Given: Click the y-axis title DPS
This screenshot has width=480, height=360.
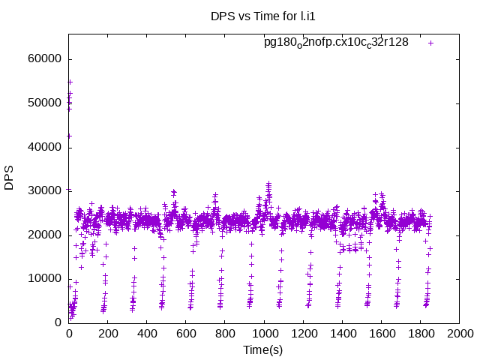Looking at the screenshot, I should click(10, 178).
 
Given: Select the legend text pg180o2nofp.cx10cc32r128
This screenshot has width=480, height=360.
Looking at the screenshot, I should click(336, 42).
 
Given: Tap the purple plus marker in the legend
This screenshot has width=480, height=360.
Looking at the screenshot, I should click(430, 43).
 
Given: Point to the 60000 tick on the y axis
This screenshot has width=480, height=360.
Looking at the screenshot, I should click(44, 59).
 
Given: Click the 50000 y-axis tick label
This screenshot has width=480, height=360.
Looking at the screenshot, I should click(44, 103).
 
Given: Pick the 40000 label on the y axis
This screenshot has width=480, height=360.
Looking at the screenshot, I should click(44, 147).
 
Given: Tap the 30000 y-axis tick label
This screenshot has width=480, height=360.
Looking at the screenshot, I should click(44, 190).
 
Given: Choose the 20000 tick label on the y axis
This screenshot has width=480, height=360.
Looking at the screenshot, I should click(44, 235).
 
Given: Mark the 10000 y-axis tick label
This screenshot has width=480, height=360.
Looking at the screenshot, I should click(44, 278).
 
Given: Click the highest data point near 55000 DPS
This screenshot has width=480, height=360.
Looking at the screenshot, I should click(70, 82).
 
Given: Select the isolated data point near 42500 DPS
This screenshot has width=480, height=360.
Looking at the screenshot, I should click(69, 136).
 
